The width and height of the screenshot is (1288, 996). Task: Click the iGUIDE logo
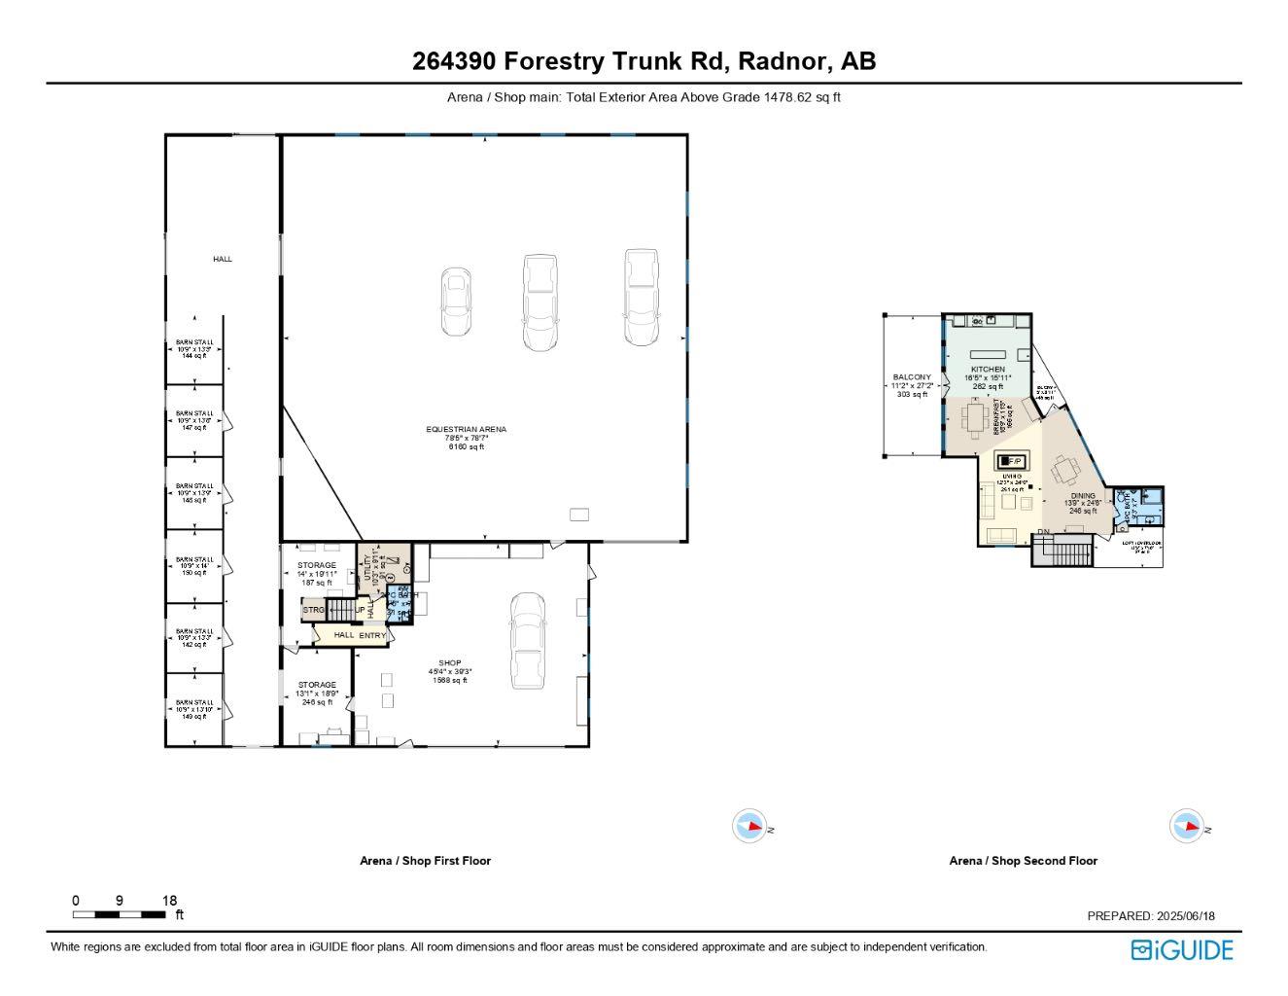pos(1181,949)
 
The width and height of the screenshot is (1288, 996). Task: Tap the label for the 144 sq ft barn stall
pos(193,349)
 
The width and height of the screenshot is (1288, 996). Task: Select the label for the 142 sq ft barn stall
pos(193,637)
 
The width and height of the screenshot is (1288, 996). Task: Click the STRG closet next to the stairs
pos(313,610)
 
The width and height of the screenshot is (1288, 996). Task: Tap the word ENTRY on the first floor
pos(372,635)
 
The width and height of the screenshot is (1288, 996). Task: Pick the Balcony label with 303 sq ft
pos(911,385)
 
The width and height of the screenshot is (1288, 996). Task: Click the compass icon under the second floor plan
pos(1186,826)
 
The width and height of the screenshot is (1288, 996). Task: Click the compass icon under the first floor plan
pos(748,826)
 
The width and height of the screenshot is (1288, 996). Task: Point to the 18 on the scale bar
pos(169,901)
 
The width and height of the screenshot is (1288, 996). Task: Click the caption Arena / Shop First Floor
pos(425,861)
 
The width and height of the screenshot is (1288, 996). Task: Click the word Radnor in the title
pos(781,61)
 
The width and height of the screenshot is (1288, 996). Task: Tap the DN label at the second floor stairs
pos(1043,532)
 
